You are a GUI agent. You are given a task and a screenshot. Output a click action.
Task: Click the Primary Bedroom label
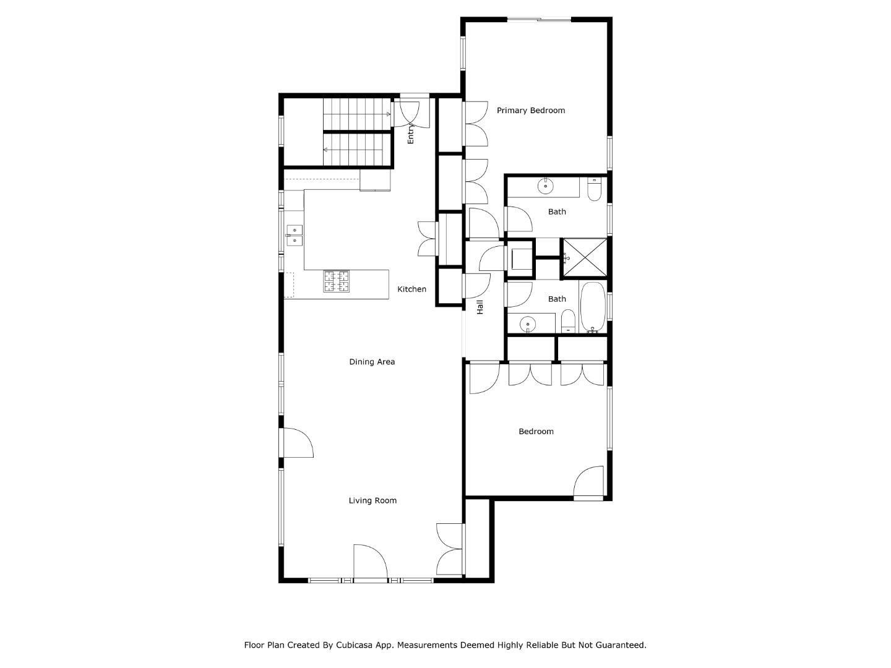(530, 110)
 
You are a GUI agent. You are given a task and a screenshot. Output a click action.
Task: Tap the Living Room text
(372, 500)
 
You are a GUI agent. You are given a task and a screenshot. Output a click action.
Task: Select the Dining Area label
(372, 362)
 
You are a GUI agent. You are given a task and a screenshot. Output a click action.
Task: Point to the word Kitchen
(411, 289)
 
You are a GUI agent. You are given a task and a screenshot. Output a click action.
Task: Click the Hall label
(480, 307)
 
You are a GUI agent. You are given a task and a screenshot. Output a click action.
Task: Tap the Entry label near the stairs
(410, 134)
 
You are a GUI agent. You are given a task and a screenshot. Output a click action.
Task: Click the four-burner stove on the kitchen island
(336, 281)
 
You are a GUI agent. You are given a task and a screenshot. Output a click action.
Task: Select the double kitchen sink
(295, 236)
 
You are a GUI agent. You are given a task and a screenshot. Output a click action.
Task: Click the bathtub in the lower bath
(593, 307)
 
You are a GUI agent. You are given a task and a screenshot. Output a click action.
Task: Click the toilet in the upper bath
(594, 190)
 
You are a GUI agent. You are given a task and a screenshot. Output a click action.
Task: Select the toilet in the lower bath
(568, 322)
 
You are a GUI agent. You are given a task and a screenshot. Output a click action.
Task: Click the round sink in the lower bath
(527, 324)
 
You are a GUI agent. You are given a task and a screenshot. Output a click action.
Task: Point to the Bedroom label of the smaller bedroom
(536, 432)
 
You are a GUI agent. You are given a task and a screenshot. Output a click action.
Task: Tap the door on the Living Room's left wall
(298, 442)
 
